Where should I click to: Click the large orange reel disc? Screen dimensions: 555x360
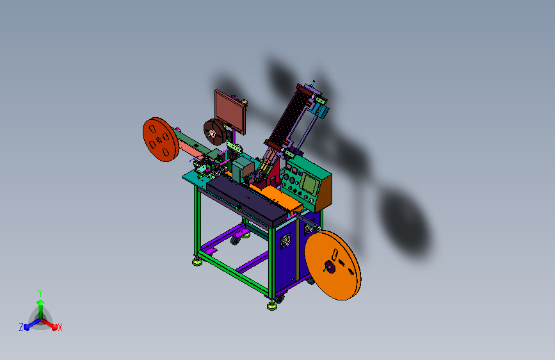pyautogui.click(x=333, y=265)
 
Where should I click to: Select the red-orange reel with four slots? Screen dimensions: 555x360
pyautogui.click(x=161, y=139)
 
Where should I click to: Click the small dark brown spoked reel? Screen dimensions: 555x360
pyautogui.click(x=214, y=132)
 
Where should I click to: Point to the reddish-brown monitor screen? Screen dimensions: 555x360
pyautogui.click(x=229, y=111)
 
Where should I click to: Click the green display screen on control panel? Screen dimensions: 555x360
pyautogui.click(x=309, y=184)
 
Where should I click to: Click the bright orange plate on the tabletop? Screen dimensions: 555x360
pyautogui.click(x=280, y=197)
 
